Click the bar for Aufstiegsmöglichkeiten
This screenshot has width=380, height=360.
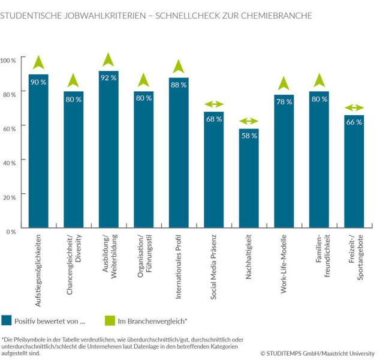[38, 156]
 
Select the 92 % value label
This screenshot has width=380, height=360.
[108, 77]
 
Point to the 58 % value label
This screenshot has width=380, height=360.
[249, 136]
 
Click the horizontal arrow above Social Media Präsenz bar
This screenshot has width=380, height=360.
[213, 104]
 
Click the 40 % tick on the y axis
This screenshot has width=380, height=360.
[10, 163]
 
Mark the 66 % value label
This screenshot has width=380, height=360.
[354, 122]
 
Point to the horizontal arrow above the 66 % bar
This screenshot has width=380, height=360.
[354, 108]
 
